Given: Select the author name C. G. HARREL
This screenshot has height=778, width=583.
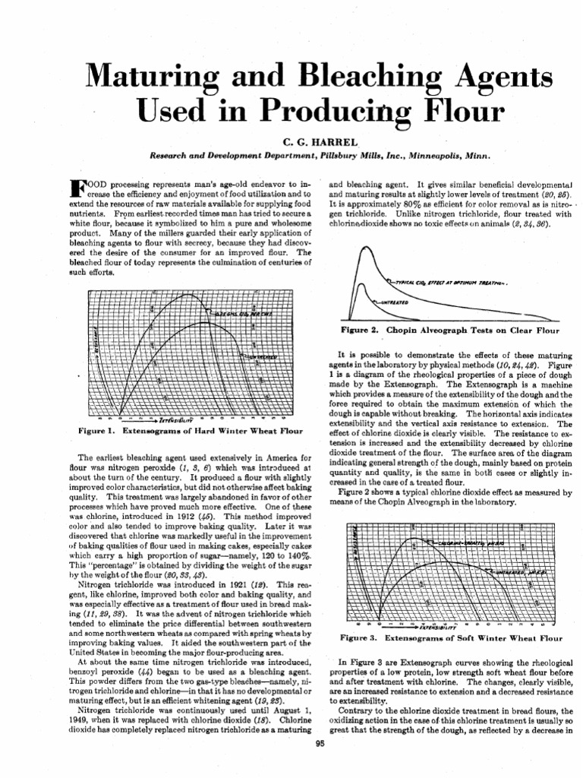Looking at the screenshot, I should pyautogui.click(x=291, y=141).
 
